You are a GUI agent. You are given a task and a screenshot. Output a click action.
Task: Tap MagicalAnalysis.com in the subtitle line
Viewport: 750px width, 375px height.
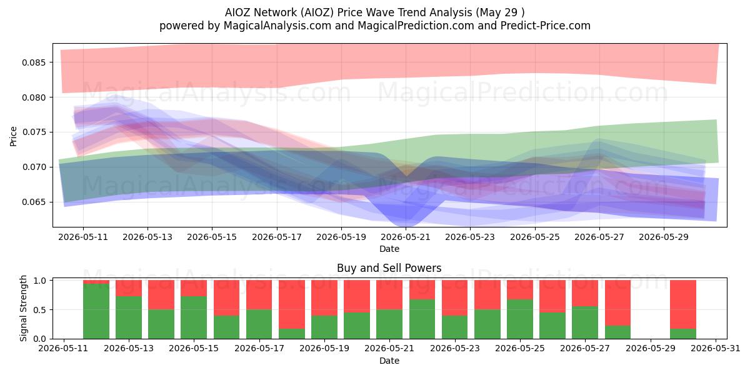coord(277,26)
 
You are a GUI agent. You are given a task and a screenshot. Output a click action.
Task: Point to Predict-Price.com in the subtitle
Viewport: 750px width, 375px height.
coord(546,26)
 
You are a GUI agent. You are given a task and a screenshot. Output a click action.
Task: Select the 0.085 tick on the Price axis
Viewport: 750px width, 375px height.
coord(33,62)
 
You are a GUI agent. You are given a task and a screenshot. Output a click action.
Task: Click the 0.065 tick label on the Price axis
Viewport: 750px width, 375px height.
coord(33,202)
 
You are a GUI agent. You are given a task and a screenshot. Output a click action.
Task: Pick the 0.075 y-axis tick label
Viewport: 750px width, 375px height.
coord(33,132)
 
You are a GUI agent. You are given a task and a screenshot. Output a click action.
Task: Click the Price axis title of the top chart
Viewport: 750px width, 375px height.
coord(13,136)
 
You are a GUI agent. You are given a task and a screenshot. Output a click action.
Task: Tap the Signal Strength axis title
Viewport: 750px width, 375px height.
coord(23,308)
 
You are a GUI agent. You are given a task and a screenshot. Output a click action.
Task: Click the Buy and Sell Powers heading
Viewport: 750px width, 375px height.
coord(389,268)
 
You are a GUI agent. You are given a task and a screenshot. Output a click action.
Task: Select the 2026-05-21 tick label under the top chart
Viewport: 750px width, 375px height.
coord(406,237)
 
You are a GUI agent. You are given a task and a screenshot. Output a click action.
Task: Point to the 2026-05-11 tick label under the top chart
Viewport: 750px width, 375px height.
coord(83,237)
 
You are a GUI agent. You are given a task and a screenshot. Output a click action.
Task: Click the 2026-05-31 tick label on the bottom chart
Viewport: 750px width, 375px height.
coord(716,349)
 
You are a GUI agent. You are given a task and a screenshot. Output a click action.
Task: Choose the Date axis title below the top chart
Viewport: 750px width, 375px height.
coord(389,249)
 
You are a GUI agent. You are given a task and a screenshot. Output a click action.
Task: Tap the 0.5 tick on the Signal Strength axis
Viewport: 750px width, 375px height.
coord(39,310)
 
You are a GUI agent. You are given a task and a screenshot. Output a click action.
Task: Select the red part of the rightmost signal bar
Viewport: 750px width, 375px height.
coord(683,304)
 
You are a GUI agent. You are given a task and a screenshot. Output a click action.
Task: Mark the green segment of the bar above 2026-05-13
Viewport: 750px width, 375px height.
coord(129,317)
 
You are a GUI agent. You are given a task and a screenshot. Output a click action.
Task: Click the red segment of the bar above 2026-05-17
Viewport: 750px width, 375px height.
coord(259,295)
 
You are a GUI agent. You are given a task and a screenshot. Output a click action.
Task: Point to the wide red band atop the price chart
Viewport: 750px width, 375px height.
coord(388,64)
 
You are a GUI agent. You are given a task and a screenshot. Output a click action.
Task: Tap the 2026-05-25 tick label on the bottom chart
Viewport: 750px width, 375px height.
coord(520,349)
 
